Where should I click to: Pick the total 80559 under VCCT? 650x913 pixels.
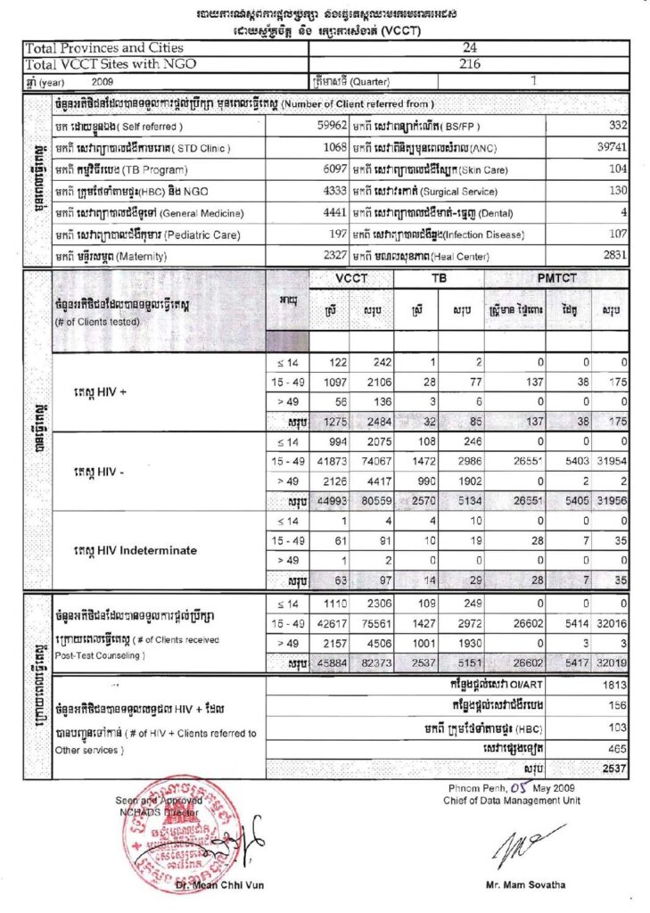coord(366,501)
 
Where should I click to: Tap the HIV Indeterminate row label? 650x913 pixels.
coord(135,550)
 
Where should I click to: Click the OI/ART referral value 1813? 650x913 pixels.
coord(614,686)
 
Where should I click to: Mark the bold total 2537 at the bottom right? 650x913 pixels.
coord(613,767)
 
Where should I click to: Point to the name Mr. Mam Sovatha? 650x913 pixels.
coord(524,884)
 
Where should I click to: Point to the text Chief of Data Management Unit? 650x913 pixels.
coord(512,800)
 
